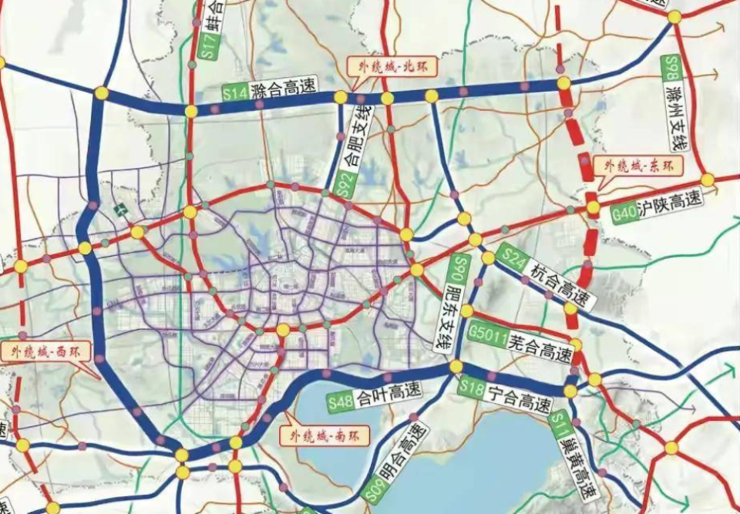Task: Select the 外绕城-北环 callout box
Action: (392, 66)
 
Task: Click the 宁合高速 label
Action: (520, 400)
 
